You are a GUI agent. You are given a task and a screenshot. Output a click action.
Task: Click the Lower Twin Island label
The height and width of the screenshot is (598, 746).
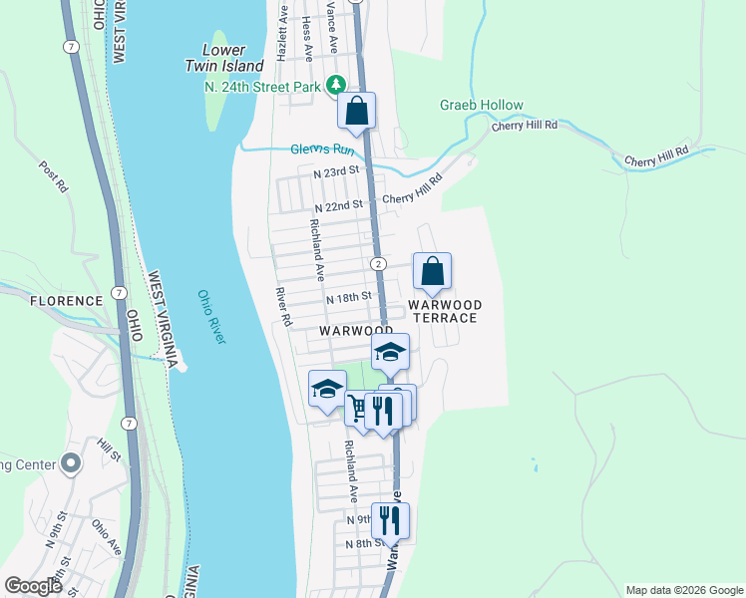point(224,58)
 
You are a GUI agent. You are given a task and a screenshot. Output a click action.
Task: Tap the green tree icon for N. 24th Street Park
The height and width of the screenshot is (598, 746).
point(337,86)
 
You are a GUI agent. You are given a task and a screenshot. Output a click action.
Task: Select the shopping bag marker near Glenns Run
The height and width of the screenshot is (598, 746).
point(356,112)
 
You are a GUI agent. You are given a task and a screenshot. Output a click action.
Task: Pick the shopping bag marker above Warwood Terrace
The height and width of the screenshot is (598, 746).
point(432,271)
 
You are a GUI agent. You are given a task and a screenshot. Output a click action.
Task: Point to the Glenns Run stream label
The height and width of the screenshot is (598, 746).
point(322,149)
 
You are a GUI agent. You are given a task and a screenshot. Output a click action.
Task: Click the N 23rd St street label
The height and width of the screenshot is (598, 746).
point(335,172)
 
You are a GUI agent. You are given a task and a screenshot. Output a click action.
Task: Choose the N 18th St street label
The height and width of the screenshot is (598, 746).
point(348,297)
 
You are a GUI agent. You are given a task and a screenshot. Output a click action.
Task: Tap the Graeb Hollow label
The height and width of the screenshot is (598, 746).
point(482,106)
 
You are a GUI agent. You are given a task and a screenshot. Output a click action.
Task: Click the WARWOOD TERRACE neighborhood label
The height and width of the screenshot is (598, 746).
point(444,311)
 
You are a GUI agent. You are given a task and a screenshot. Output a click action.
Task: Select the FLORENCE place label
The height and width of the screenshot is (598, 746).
point(67,300)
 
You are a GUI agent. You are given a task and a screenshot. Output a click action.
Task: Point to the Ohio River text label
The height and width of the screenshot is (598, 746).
point(211,317)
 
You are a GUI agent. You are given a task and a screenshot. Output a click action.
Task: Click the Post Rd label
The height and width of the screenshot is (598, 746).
point(53,176)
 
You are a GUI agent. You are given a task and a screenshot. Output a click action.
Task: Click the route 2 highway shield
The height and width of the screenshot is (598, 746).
point(379,264)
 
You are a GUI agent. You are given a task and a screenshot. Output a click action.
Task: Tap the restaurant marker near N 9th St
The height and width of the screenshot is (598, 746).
point(390,519)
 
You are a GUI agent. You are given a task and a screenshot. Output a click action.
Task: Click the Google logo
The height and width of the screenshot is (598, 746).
point(33,587)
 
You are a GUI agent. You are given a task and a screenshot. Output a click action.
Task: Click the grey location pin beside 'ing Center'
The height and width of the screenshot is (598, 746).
point(70,463)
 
